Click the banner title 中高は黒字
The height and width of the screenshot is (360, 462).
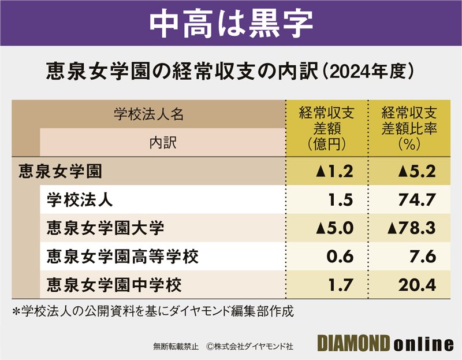(230, 22)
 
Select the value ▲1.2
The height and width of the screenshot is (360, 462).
(334, 171)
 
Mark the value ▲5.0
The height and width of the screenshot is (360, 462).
(334, 228)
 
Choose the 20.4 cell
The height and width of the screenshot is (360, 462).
(418, 284)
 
